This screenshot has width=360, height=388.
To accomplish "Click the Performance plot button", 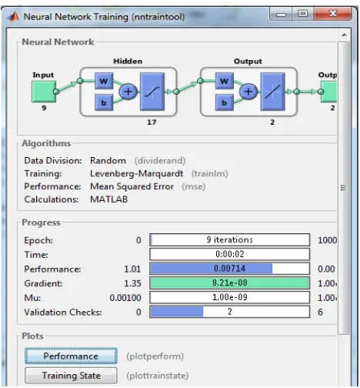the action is (x=71, y=356).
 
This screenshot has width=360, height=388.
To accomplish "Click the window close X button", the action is (x=332, y=14).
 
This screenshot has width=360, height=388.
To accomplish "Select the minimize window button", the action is (x=281, y=14).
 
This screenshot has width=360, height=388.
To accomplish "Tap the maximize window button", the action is (x=303, y=14).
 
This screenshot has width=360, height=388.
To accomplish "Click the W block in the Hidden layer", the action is (x=104, y=81).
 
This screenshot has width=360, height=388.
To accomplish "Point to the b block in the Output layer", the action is (x=225, y=102).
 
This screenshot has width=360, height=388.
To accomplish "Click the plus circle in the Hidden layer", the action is (x=128, y=92).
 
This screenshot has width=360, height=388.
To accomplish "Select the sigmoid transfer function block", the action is (x=152, y=92).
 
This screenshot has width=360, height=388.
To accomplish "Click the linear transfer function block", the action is (x=272, y=92).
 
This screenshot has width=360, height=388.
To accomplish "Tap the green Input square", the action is (x=44, y=92).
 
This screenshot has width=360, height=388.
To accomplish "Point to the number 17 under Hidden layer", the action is (x=152, y=122).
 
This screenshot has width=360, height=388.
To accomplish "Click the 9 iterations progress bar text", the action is (x=229, y=239).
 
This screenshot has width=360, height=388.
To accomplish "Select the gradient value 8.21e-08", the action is (x=230, y=283).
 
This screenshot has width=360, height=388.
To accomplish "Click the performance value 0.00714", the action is (x=230, y=269).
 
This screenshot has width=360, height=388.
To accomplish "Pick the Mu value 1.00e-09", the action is (x=230, y=297).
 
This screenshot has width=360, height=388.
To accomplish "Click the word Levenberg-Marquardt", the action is (x=136, y=174).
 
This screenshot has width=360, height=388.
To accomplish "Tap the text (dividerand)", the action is (x=160, y=161).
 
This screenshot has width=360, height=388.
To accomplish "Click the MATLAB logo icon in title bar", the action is (x=13, y=16).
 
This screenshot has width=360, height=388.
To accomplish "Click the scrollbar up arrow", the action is (x=344, y=35).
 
